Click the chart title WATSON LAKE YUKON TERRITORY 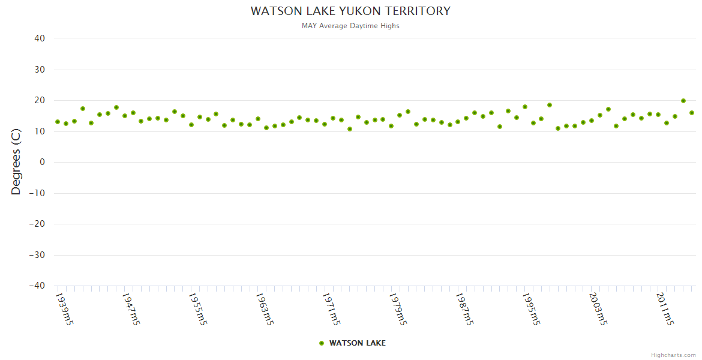pyautogui.click(x=350, y=11)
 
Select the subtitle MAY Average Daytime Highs pyautogui.click(x=350, y=26)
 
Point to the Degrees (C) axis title pyautogui.click(x=16, y=162)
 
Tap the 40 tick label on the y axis pyautogui.click(x=40, y=38)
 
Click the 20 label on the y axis pyautogui.click(x=40, y=100)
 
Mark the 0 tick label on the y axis pyautogui.click(x=42, y=162)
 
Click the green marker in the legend pyautogui.click(x=322, y=343)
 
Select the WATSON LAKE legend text pyautogui.click(x=357, y=343)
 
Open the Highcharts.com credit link pyautogui.click(x=673, y=355)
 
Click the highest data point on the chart pyautogui.click(x=683, y=101)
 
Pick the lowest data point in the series pyautogui.click(x=350, y=129)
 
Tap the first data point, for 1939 pyautogui.click(x=58, y=122)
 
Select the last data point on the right pyautogui.click(x=692, y=113)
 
